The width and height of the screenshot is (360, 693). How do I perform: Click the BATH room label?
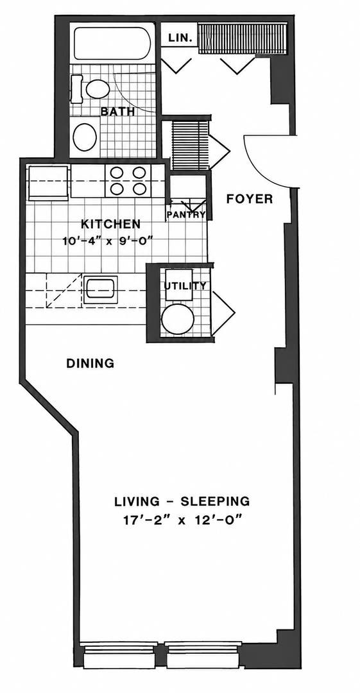117,111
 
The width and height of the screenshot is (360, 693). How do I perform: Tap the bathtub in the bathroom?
112,43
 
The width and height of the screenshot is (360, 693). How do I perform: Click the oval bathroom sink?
85,137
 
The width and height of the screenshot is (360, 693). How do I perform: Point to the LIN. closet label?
180,38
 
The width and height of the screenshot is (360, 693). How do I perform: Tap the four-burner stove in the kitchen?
128,180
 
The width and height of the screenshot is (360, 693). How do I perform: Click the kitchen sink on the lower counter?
100,289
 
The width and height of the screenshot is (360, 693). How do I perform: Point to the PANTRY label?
186,215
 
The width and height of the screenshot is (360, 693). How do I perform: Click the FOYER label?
250,199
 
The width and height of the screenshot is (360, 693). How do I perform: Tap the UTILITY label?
185,286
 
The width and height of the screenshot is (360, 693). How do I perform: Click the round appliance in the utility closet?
178,319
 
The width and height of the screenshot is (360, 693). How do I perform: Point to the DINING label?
90,363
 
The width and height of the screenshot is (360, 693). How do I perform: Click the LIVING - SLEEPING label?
182,502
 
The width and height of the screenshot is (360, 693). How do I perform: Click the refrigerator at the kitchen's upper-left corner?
48,182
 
